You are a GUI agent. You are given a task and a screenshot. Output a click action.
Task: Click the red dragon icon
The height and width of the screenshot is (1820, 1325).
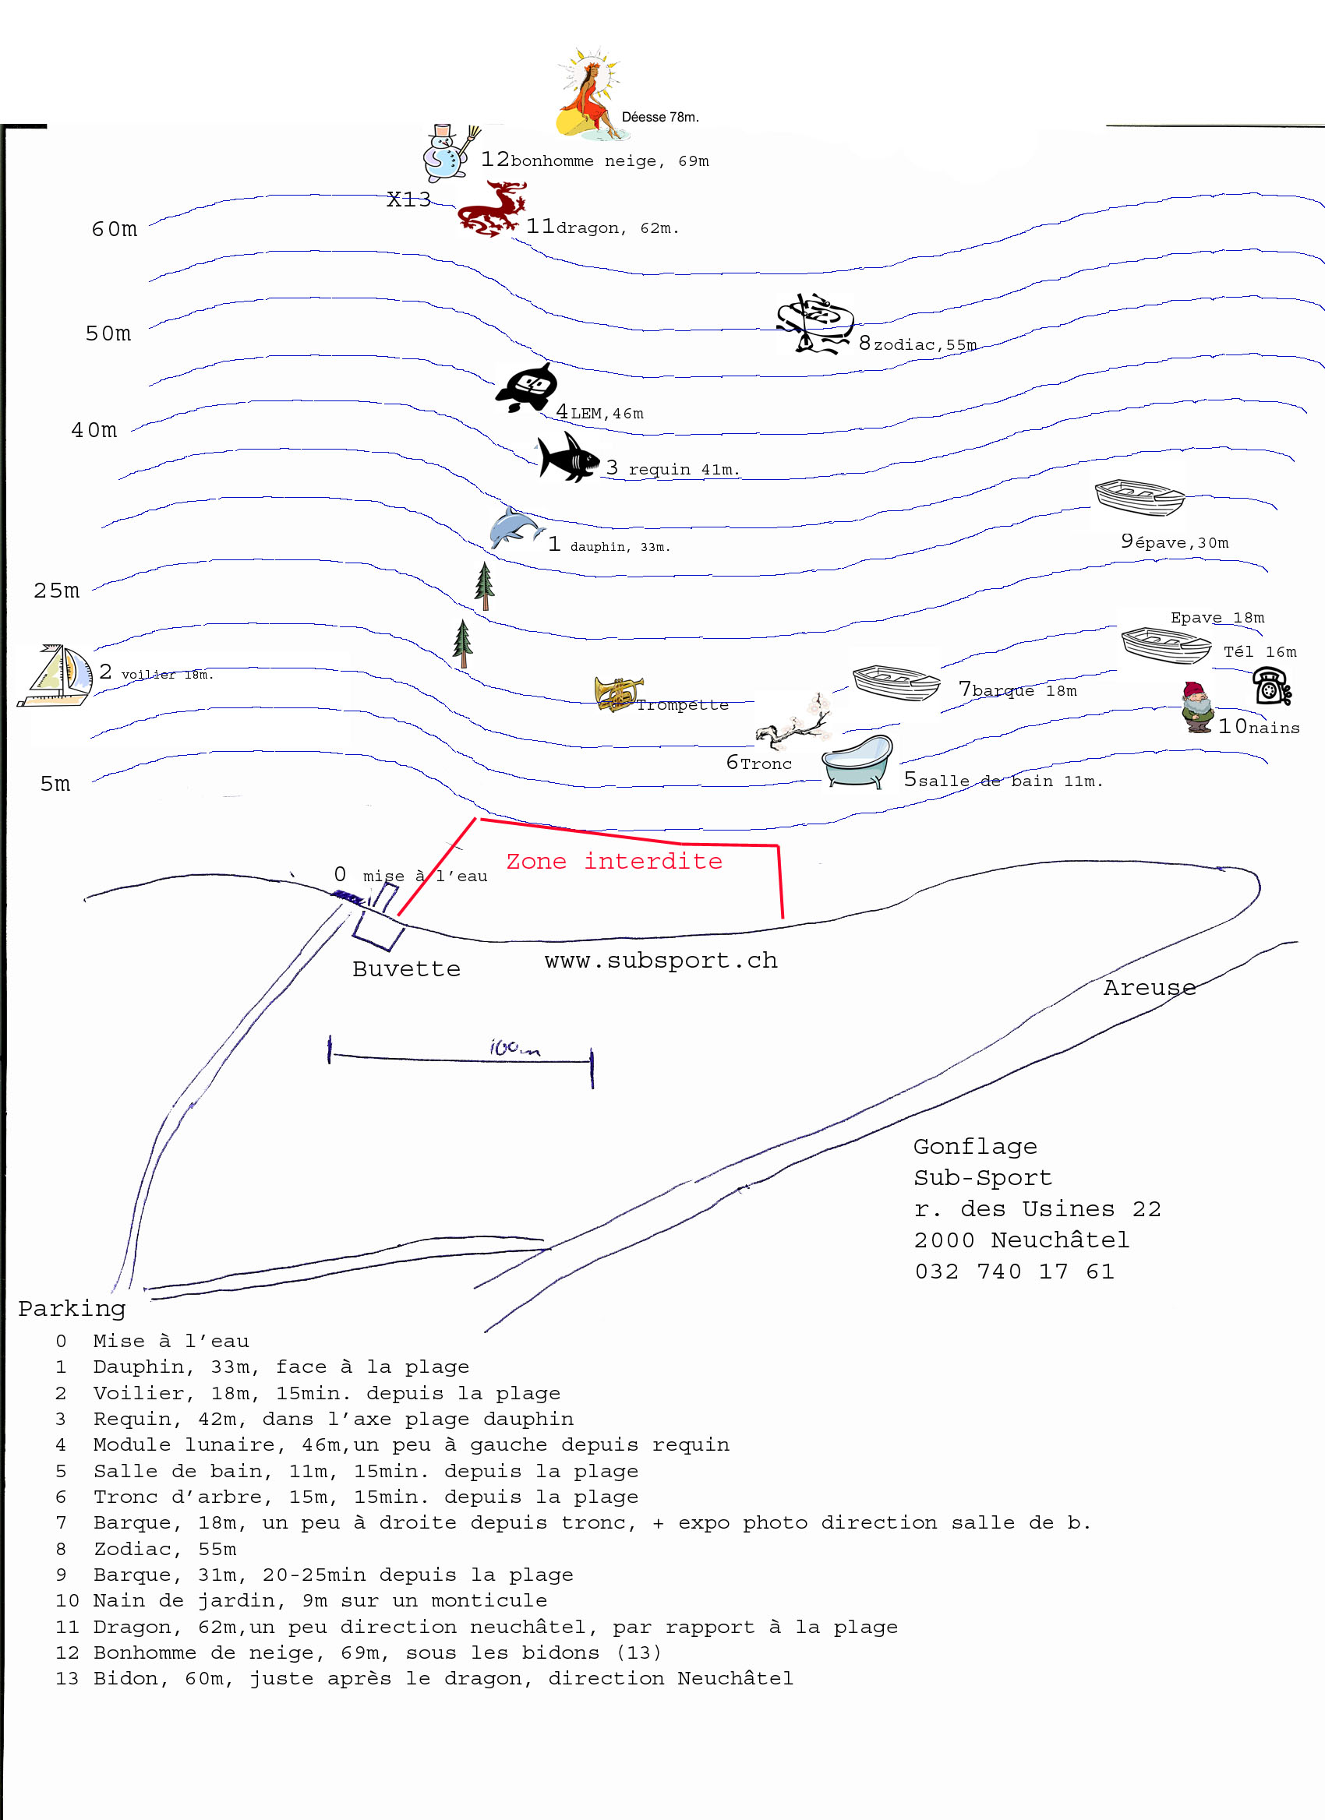[x=491, y=210]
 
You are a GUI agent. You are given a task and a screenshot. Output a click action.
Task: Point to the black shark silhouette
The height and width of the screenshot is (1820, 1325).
[x=567, y=457]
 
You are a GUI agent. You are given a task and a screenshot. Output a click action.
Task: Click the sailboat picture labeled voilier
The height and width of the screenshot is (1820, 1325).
[x=56, y=675]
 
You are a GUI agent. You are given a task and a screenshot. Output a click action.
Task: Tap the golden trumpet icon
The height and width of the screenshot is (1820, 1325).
[x=617, y=694]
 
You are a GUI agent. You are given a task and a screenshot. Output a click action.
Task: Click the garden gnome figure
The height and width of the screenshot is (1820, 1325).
[x=1196, y=707]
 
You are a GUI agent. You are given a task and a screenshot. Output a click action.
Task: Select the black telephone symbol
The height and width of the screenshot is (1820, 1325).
[x=1271, y=687]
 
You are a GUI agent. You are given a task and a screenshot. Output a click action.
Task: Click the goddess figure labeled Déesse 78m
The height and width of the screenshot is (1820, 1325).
[x=588, y=94]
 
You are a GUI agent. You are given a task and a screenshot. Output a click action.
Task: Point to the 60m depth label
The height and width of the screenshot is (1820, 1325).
[x=114, y=230]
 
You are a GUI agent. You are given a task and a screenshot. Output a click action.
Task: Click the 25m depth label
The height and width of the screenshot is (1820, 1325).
[x=56, y=591]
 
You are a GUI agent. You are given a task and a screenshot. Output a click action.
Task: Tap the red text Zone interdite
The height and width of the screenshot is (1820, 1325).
[x=614, y=861]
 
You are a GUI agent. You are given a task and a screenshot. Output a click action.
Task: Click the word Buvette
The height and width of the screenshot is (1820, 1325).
[x=406, y=968]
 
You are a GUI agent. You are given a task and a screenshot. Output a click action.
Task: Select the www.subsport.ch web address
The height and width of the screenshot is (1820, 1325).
[x=660, y=960]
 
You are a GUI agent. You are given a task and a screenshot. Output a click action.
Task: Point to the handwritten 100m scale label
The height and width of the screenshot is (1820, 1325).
[x=514, y=1048]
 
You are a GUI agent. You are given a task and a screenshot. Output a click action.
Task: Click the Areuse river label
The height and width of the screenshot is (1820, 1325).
[x=1150, y=987]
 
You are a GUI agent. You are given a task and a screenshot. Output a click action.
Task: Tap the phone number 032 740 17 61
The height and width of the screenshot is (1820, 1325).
[x=1015, y=1271]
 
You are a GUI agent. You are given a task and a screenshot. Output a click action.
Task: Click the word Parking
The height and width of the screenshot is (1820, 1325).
[x=72, y=1309]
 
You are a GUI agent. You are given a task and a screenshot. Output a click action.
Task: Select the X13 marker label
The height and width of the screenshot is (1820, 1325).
[x=408, y=199]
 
